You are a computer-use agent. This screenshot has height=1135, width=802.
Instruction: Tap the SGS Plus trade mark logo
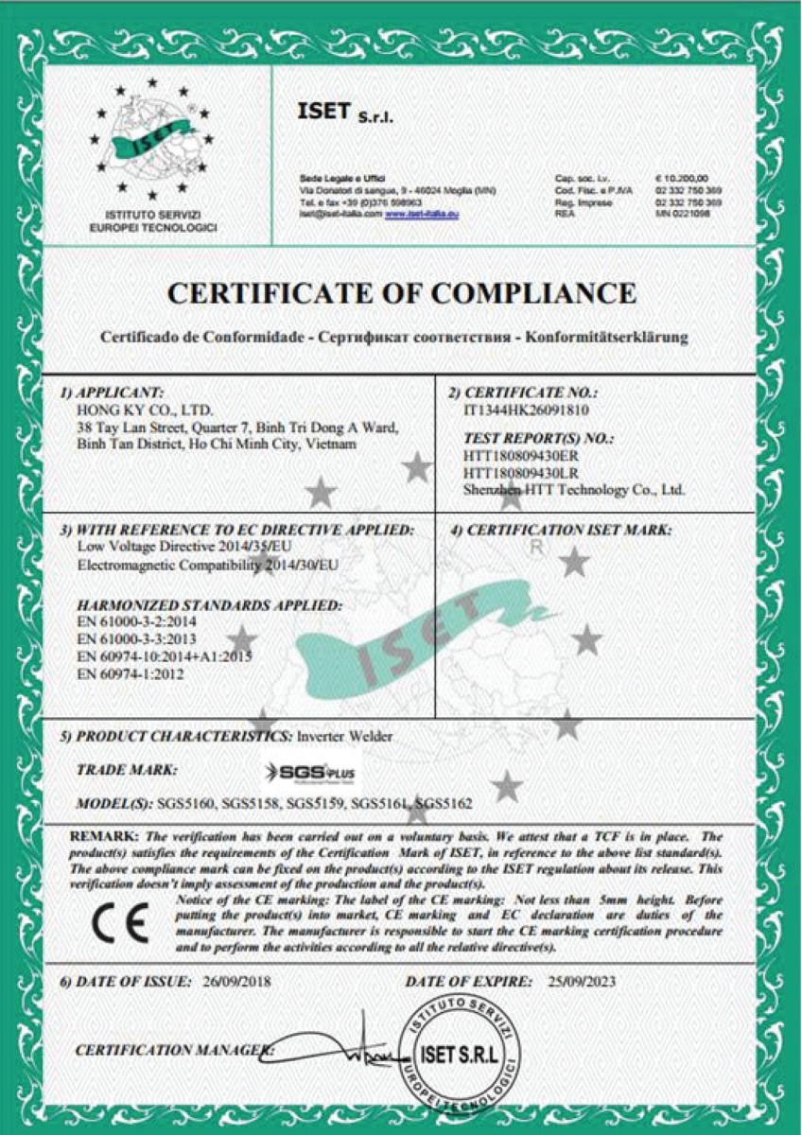[x=312, y=773]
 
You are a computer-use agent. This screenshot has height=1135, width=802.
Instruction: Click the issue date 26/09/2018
[x=236, y=981]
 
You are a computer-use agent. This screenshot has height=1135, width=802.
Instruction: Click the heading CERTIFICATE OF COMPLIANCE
[x=401, y=294]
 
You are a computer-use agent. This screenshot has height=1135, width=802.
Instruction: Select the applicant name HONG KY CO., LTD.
[x=145, y=411]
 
